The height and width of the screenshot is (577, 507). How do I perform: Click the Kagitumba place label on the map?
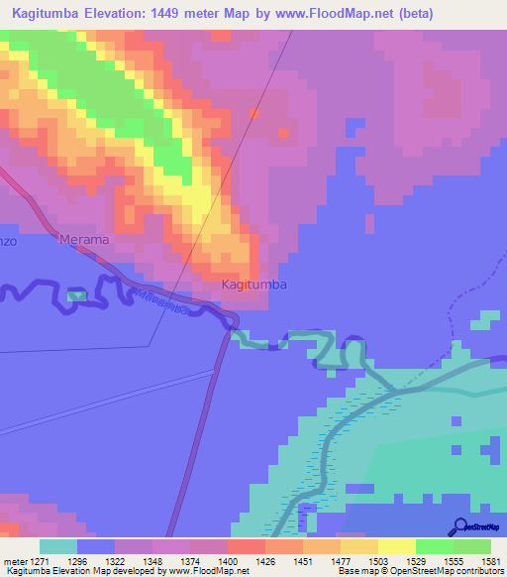(x=254, y=285)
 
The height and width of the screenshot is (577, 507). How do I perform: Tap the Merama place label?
(x=83, y=240)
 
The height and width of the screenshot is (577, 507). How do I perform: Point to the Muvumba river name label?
(x=162, y=299)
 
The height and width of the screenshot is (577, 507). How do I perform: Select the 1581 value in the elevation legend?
(x=491, y=560)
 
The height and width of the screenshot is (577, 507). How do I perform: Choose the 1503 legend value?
(x=378, y=560)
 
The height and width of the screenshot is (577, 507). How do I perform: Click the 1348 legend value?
(x=152, y=560)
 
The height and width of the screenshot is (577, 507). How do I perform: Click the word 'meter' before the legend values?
(x=17, y=560)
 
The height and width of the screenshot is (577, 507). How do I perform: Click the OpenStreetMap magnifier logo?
(x=459, y=527)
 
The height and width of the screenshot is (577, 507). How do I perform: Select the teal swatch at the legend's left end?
(x=57, y=546)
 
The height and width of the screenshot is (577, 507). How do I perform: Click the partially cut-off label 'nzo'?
(x=7, y=240)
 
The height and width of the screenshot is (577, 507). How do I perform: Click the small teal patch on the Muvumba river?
(x=76, y=295)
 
